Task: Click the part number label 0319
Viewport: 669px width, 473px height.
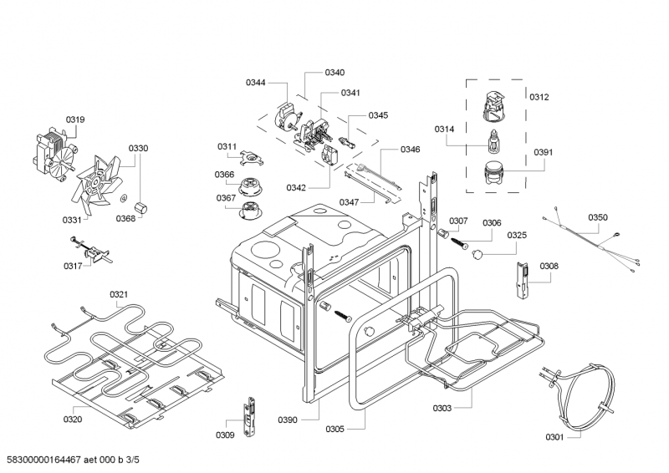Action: pyautogui.click(x=75, y=120)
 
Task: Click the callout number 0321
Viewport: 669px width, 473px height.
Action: pyautogui.click(x=119, y=294)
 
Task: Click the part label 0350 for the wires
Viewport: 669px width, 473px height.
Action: pyautogui.click(x=598, y=217)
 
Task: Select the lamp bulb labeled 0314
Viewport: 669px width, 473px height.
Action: pyautogui.click(x=495, y=140)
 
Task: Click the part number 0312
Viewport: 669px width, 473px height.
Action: pyautogui.click(x=539, y=98)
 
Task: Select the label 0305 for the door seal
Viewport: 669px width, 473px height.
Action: pyautogui.click(x=334, y=430)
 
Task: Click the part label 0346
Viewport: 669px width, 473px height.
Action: pyautogui.click(x=410, y=150)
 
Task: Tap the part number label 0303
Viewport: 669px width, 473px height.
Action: pyautogui.click(x=442, y=408)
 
